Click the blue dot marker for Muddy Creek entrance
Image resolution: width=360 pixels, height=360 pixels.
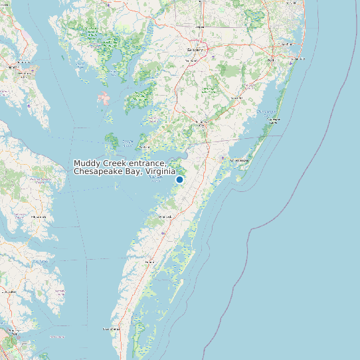coord(179,179)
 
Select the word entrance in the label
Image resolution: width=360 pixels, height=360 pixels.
coord(147,163)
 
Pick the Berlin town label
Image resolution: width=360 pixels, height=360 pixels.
coord(270,60)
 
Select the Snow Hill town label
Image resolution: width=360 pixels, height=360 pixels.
coord(236,98)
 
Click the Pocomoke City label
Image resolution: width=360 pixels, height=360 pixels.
coord(202,122)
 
